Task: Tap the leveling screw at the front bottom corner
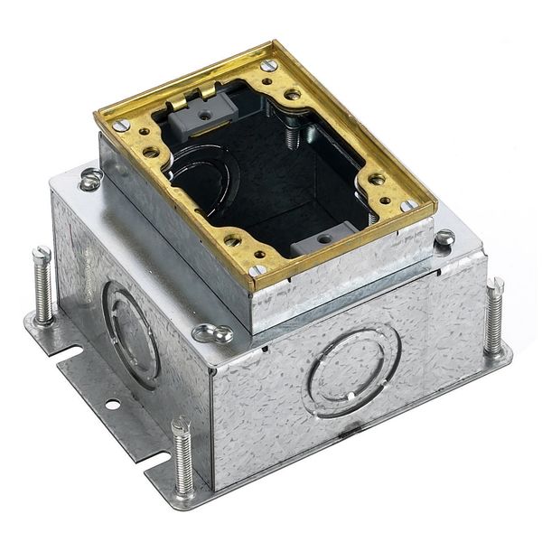click(183, 456)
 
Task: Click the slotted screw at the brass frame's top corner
click(266, 65)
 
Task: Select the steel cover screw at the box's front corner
click(213, 333)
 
